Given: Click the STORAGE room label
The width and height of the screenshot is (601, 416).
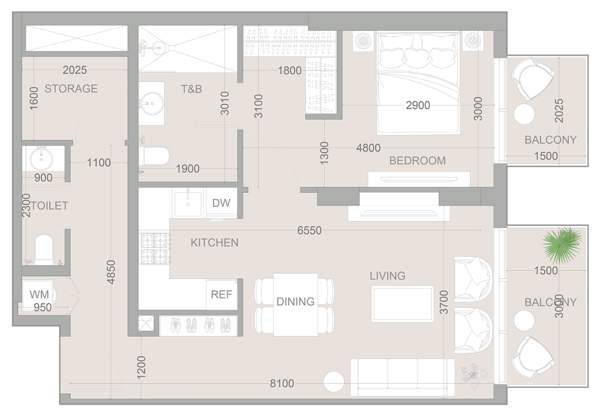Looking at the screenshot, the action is click(x=71, y=89).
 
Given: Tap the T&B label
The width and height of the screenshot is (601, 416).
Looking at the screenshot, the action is click(x=192, y=89).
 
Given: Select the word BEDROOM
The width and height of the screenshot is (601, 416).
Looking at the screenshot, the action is click(x=417, y=161).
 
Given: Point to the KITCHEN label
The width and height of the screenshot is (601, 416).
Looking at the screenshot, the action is click(x=214, y=243).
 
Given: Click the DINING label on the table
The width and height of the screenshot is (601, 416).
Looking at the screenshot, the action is click(x=296, y=302).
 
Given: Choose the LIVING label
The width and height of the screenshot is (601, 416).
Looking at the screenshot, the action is click(x=387, y=276).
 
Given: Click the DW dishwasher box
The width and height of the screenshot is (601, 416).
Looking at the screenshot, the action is click(x=222, y=203).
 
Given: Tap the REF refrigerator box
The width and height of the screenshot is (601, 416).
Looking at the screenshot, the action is click(x=222, y=294).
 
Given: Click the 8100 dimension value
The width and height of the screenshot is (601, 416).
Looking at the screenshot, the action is click(x=282, y=384).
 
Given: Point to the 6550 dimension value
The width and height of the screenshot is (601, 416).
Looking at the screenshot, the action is click(x=309, y=231).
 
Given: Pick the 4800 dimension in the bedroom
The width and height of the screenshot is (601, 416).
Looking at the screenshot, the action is click(x=368, y=148).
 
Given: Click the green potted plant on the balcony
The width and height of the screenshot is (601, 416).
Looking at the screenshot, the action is click(x=562, y=245).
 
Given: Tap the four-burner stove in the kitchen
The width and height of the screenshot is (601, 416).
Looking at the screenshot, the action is click(x=155, y=248).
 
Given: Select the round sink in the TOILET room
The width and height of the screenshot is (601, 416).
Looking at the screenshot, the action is click(x=42, y=159).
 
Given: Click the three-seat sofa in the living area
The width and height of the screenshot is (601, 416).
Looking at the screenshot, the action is click(x=403, y=378).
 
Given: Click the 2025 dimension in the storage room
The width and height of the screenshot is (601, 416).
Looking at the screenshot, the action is click(x=75, y=70).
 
